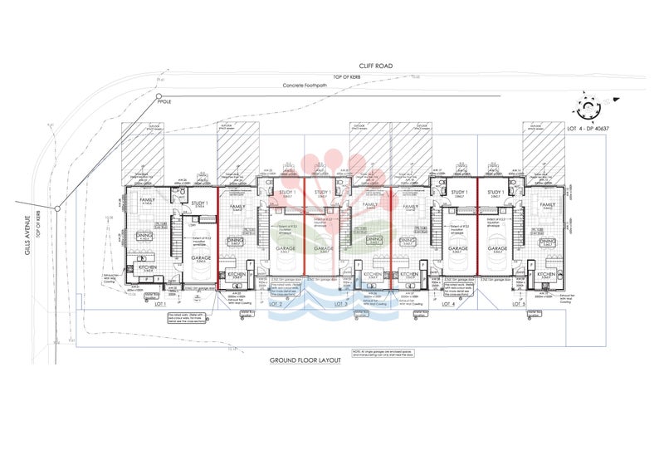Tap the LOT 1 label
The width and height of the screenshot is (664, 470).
coord(161,305)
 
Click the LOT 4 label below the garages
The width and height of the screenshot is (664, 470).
coord(449,305)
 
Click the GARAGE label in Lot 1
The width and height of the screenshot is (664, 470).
coord(201,258)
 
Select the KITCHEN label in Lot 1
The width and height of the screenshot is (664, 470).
coord(147,267)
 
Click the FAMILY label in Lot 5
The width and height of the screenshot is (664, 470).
coord(548,204)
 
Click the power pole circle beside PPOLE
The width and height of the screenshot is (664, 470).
coord(159,96)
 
